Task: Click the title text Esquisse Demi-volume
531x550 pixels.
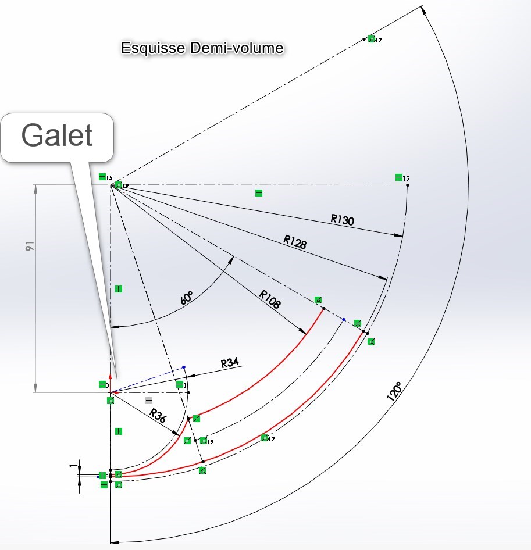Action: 202,48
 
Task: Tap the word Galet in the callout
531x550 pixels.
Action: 57,135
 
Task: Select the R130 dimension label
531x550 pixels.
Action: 342,219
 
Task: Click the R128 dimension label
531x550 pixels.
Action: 295,242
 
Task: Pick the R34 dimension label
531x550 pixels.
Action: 230,363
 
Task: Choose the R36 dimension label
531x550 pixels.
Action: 158,417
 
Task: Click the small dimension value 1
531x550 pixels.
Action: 72,466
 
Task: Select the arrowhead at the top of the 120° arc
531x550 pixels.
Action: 423,10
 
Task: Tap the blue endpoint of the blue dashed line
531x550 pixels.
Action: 184,367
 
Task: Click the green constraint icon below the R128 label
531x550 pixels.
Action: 318,300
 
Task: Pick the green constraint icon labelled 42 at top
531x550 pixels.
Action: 371,38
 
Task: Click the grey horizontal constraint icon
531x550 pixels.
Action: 149,400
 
